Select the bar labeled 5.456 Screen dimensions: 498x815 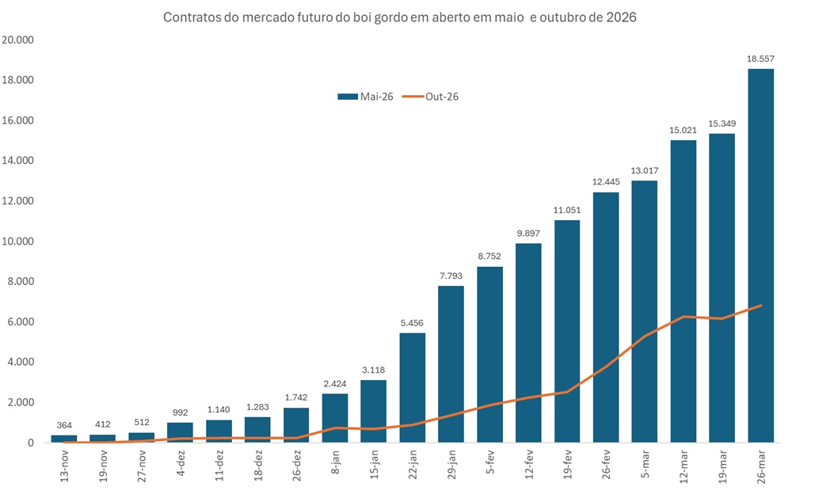click(412, 387)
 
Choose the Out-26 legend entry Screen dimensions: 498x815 click(431, 97)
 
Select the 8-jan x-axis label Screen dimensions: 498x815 click(335, 464)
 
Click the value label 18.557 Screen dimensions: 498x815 click(760, 59)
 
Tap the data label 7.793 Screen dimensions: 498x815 click(451, 276)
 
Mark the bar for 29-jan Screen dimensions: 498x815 click(451, 364)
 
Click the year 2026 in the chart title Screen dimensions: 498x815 click(621, 17)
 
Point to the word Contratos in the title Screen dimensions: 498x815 click(189, 17)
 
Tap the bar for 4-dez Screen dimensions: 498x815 click(180, 432)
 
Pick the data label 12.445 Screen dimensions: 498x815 click(606, 182)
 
